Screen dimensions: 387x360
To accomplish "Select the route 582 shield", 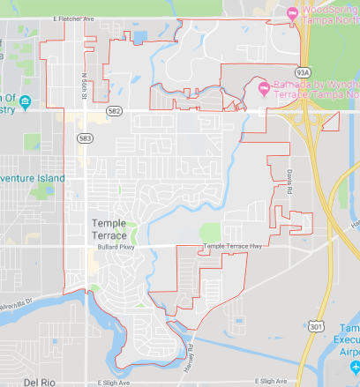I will (114, 112).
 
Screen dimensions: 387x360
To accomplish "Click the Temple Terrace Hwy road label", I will (234, 246).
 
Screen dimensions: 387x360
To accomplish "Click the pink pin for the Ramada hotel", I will (261, 88).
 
